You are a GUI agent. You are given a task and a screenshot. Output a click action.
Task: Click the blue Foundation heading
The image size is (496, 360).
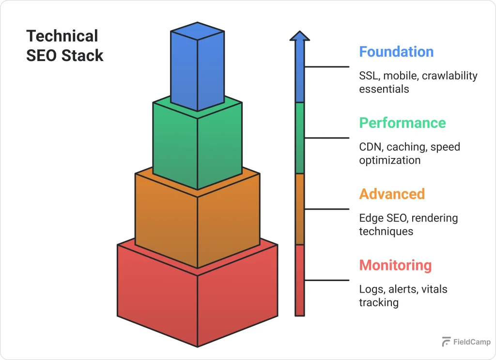tap(396, 52)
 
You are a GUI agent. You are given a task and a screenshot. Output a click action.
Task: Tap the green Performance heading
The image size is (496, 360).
tap(402, 123)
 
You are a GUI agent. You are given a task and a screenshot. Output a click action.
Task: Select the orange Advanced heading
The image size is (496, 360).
tap(391, 194)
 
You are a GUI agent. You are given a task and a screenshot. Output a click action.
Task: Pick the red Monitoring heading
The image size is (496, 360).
tap(395, 266)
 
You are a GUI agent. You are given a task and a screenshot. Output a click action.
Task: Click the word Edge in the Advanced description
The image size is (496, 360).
tap(370, 219)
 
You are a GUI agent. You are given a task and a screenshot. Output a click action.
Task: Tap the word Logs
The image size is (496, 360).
tap(370, 290)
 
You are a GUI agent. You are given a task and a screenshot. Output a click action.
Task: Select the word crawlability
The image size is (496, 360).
tap(449, 76)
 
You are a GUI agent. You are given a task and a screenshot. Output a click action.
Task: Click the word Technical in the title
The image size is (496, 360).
tap(62, 36)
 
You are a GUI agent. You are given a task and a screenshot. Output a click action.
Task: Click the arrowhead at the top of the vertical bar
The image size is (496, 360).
tap(300, 36)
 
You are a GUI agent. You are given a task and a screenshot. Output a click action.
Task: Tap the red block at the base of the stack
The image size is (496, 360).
tap(197, 296)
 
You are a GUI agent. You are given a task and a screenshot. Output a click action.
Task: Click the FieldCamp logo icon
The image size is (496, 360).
tap(446, 342)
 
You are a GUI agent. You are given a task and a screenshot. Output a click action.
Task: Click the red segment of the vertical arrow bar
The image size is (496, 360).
tap(300, 281)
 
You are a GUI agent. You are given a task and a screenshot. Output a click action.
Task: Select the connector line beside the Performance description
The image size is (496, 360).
tap(326, 138)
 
